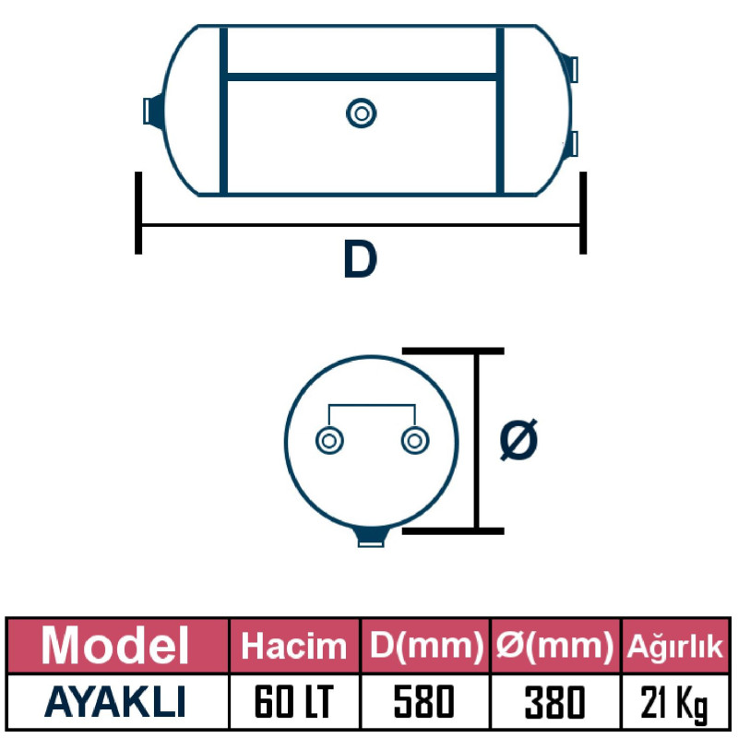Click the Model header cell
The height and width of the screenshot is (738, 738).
click(x=115, y=645)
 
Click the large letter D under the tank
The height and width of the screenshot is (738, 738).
click(x=360, y=260)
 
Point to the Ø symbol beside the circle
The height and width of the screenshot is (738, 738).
click(x=518, y=440)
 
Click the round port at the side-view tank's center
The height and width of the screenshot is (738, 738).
click(x=361, y=113)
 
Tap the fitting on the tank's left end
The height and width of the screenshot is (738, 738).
click(x=153, y=110)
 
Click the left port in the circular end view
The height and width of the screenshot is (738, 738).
click(x=327, y=441)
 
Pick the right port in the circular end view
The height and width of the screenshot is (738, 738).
click(x=414, y=441)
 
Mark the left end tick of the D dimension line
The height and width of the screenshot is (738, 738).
click(x=138, y=212)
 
